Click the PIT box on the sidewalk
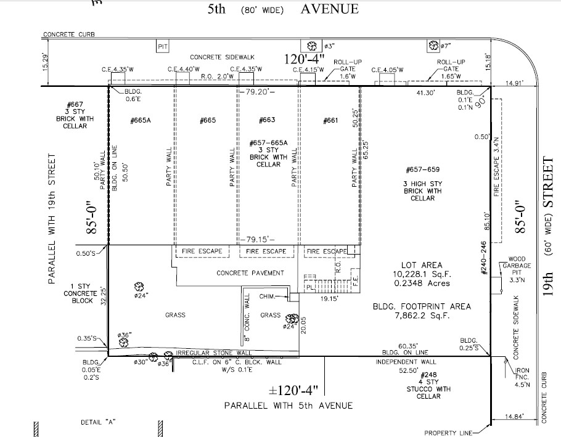click(163, 46)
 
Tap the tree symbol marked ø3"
click(313, 46)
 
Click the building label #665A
click(141, 120)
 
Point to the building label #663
click(267, 120)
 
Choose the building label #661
click(330, 120)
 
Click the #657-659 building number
click(422, 170)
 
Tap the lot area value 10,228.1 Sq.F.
click(422, 274)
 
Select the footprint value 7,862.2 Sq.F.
click(422, 316)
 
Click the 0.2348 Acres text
click(422, 284)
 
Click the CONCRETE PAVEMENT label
click(250, 272)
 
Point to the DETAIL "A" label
click(99, 422)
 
